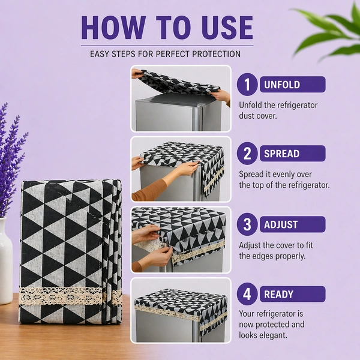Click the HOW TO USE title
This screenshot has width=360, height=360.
click(x=167, y=28)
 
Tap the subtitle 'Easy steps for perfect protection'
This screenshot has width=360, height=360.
click(x=165, y=54)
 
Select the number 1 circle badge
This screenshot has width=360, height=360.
click(x=247, y=84)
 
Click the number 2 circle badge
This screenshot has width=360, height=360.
click(x=247, y=153)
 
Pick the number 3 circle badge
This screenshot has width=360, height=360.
click(x=247, y=224)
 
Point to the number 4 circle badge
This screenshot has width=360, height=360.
click(x=247, y=294)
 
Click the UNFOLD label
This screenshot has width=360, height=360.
click(x=282, y=85)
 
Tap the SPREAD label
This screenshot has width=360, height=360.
click(x=282, y=154)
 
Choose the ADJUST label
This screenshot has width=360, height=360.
click(x=281, y=224)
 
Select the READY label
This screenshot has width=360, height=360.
click(x=278, y=295)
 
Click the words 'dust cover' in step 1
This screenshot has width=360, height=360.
click(x=258, y=116)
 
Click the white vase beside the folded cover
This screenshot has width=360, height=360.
click(x=6, y=260)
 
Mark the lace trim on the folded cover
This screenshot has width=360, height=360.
click(x=71, y=296)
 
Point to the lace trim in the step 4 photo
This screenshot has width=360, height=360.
click(x=181, y=314)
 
